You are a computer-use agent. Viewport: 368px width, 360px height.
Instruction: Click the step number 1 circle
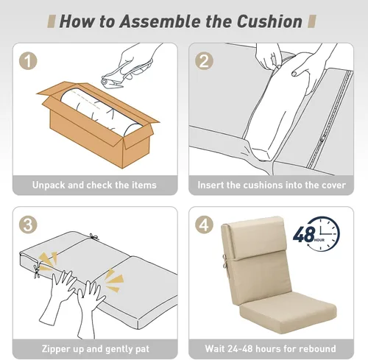click(28, 60)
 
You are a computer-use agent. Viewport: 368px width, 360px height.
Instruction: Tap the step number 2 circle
click(204, 60)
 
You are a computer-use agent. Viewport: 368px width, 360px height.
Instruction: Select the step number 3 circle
click(28, 225)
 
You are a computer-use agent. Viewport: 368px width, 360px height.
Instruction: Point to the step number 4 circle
click(204, 225)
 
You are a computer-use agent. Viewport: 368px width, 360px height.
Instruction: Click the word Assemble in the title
click(160, 21)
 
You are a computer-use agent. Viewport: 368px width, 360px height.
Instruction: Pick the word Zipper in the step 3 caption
click(56, 349)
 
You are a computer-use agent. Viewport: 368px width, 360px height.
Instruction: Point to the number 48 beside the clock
click(304, 234)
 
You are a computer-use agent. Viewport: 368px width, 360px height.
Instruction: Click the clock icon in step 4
click(324, 233)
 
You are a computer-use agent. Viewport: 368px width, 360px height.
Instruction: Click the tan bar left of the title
click(51, 21)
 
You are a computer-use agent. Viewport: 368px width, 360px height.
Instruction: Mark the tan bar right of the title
click(312, 21)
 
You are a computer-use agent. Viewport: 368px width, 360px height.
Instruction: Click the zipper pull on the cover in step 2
click(322, 141)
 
